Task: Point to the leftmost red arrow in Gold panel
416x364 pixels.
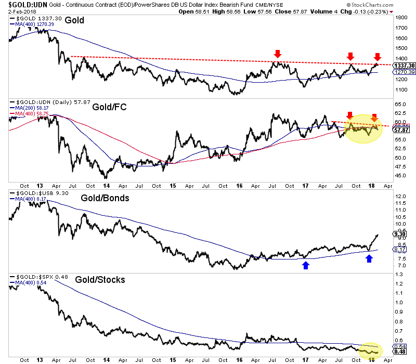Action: [278, 54]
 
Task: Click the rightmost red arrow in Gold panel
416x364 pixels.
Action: [378, 56]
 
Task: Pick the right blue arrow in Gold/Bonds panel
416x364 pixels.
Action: [369, 258]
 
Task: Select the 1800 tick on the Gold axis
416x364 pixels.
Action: [400, 18]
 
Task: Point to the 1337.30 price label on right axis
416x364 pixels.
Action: [404, 66]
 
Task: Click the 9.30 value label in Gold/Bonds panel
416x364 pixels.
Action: [400, 234]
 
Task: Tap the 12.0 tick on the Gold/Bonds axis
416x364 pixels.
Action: [400, 196]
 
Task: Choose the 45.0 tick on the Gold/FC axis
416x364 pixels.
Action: [400, 175]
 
